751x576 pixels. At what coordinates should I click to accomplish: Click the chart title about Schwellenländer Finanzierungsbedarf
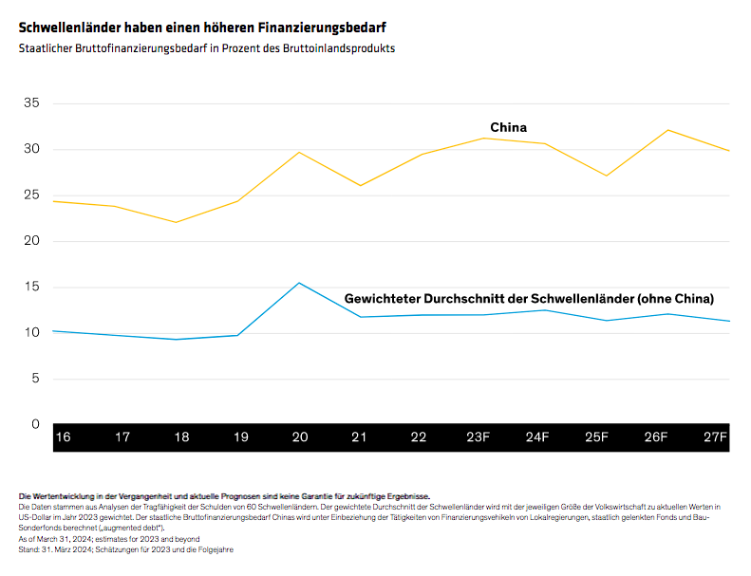coord(201,28)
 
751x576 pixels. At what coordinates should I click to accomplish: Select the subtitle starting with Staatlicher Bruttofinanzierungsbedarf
coord(206,47)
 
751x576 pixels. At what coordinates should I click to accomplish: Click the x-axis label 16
coord(63,437)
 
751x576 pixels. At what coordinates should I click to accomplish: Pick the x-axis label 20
coord(299,437)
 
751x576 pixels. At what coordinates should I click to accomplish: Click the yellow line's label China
coord(508,127)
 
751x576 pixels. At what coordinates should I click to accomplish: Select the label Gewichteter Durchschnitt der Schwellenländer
coord(528,298)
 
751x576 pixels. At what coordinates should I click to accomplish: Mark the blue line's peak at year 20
coord(299,283)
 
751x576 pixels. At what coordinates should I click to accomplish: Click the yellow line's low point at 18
coord(176,222)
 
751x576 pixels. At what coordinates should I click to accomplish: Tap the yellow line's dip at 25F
coord(606,176)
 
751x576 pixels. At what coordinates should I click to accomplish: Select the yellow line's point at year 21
coord(361,185)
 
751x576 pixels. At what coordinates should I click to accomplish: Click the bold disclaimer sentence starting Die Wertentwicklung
coord(224,496)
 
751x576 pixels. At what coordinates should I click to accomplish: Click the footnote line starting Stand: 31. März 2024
coord(125,549)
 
